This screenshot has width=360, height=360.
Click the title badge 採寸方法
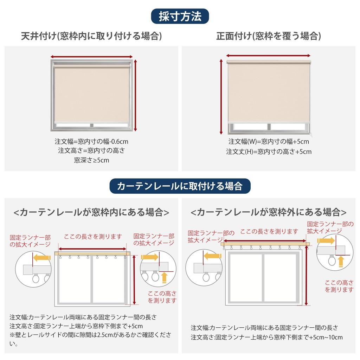click(x=180, y=16)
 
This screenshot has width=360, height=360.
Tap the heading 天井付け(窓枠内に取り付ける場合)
click(x=91, y=36)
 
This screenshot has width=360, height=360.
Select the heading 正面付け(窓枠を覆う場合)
click(x=268, y=36)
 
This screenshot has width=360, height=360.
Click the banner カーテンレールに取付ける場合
click(x=180, y=186)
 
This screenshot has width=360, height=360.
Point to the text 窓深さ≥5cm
click(x=91, y=160)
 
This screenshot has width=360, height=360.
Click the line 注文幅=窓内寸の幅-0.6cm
click(x=91, y=141)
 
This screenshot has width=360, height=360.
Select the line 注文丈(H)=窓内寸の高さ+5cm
click(x=269, y=152)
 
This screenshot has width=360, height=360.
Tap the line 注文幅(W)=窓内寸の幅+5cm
click(x=269, y=141)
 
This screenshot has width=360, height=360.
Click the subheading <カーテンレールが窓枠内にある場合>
click(x=91, y=212)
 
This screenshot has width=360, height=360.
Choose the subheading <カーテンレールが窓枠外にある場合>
click(x=268, y=212)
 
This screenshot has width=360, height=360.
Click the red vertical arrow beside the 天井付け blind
click(x=135, y=96)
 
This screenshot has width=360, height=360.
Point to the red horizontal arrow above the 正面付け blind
click(x=268, y=56)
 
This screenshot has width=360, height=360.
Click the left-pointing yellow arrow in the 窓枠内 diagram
click(x=42, y=258)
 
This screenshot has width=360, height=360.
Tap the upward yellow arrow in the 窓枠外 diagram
click(x=341, y=262)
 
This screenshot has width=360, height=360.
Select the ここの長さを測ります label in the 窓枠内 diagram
click(x=93, y=237)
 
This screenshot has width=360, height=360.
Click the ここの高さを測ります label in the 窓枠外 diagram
click(x=339, y=286)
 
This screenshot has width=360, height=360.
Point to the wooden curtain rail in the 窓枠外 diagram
click(x=265, y=244)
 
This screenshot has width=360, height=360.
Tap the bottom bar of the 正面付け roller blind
click(x=269, y=122)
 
